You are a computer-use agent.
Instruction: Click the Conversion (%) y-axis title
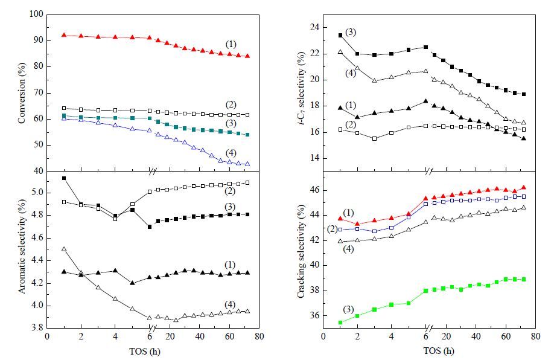pyautogui.click(x=22, y=93)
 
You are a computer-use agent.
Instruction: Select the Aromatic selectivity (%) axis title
pyautogui.click(x=22, y=246)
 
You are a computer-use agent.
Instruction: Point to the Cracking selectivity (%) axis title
pyautogui.click(x=301, y=251)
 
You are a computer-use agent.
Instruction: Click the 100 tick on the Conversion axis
pyautogui.click(x=37, y=14)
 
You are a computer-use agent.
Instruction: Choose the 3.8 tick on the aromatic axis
pyautogui.click(x=37, y=328)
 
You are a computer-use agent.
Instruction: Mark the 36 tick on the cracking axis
pyautogui.click(x=314, y=315)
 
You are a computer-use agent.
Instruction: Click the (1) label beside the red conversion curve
pyautogui.click(x=231, y=45)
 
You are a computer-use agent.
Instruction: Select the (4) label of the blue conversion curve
pyautogui.click(x=231, y=153)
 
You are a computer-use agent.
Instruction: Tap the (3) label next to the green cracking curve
pyautogui.click(x=348, y=310)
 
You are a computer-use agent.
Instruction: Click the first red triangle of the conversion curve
pyautogui.click(x=64, y=35)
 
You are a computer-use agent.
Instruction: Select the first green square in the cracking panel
pyautogui.click(x=340, y=323)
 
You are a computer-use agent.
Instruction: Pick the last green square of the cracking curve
pyautogui.click(x=524, y=280)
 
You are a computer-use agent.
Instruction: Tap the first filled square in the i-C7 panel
pyautogui.click(x=340, y=36)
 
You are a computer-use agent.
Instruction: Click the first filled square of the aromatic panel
pyautogui.click(x=64, y=178)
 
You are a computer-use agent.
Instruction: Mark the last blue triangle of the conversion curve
pyautogui.click(x=247, y=164)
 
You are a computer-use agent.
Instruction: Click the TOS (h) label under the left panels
pyautogui.click(x=145, y=351)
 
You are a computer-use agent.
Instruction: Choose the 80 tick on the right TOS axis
pyautogui.click(x=536, y=336)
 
